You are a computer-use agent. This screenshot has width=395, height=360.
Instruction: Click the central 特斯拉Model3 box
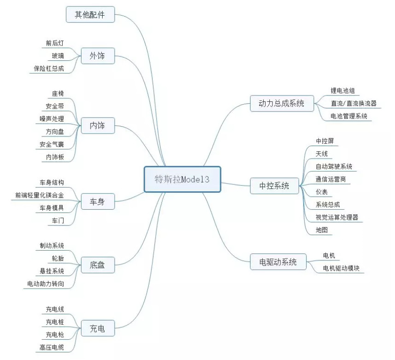[x=182, y=179]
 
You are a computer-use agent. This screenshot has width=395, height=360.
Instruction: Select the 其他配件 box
[x=90, y=15]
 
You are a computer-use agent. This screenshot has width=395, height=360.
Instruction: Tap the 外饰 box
[x=98, y=56]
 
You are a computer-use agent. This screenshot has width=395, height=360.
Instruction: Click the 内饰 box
[x=98, y=126]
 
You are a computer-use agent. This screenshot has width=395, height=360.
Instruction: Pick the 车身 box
[x=98, y=201]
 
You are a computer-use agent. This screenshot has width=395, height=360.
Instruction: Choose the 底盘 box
[x=98, y=265]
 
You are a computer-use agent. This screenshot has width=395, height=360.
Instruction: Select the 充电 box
[x=98, y=329]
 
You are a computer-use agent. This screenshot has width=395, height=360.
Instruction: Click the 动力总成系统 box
[x=282, y=103]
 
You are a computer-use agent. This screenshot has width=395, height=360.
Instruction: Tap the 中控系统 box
[x=274, y=186]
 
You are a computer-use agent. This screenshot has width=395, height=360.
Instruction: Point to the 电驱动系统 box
[x=278, y=262]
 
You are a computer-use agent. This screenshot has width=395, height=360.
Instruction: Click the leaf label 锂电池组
[x=343, y=91]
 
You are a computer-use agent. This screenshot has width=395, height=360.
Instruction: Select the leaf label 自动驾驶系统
[x=334, y=166]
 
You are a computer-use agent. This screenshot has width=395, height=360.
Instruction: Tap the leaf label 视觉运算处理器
[x=337, y=217]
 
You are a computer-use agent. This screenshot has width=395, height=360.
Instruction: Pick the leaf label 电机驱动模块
[x=341, y=268]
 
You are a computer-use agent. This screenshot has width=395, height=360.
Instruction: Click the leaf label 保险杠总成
[x=49, y=69]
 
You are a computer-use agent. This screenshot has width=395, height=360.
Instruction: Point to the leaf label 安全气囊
[x=52, y=145]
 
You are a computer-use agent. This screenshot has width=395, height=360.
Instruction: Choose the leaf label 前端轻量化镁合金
[x=40, y=195]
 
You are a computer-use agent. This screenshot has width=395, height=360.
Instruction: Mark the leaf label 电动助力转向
[x=46, y=284]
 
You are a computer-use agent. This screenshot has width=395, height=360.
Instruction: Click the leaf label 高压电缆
[x=52, y=348]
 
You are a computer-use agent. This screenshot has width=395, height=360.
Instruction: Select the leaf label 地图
[x=322, y=230]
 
